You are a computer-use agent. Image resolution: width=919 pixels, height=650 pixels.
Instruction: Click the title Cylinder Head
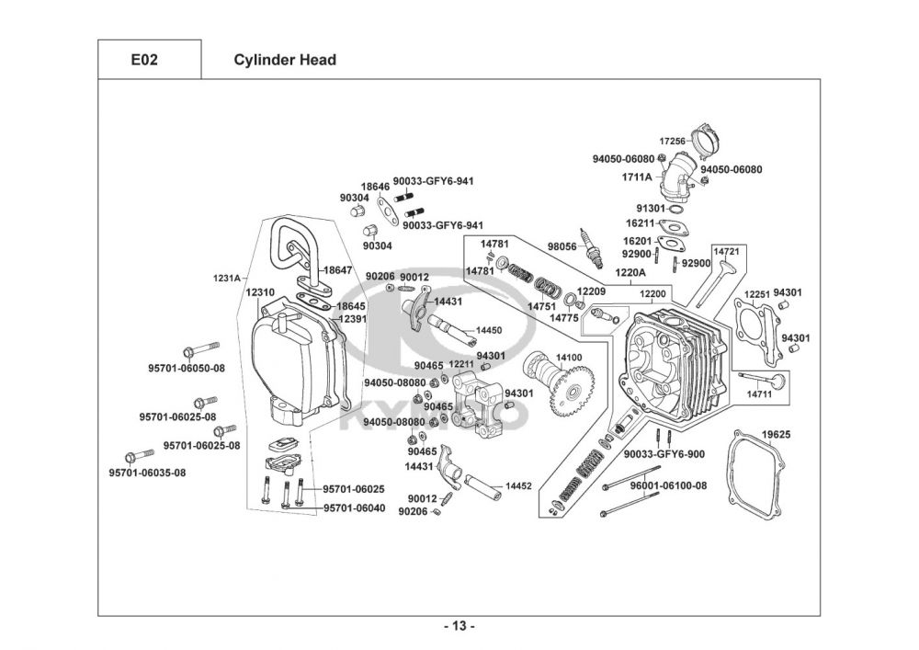(285, 61)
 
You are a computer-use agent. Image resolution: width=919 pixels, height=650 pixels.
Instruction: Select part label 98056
(562, 247)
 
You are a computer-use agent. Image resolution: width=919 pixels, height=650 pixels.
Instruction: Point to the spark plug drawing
(588, 241)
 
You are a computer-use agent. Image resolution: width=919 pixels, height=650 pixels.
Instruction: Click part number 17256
(674, 142)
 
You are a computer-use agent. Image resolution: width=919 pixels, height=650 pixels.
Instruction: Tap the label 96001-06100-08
(668, 485)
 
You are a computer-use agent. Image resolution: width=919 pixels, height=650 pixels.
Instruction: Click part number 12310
(261, 291)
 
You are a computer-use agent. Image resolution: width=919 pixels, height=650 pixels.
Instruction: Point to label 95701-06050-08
(187, 369)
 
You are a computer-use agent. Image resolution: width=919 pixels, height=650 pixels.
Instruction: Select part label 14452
(518, 485)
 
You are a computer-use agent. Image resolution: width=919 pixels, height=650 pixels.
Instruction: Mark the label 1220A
(630, 273)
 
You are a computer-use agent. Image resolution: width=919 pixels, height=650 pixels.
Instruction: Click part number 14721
(726, 250)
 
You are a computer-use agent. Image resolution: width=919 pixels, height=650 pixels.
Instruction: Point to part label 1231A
(226, 277)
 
